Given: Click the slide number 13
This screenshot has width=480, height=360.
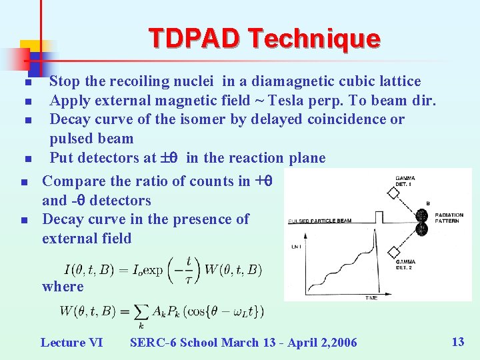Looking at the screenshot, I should pos(457,342).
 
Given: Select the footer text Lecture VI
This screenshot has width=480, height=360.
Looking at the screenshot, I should pos(71,343).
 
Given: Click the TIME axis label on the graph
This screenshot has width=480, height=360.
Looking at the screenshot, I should pos(371,298).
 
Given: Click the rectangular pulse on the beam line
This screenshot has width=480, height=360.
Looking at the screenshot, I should pos(379,217).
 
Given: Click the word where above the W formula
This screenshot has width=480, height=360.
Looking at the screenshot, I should pos(63,287).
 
